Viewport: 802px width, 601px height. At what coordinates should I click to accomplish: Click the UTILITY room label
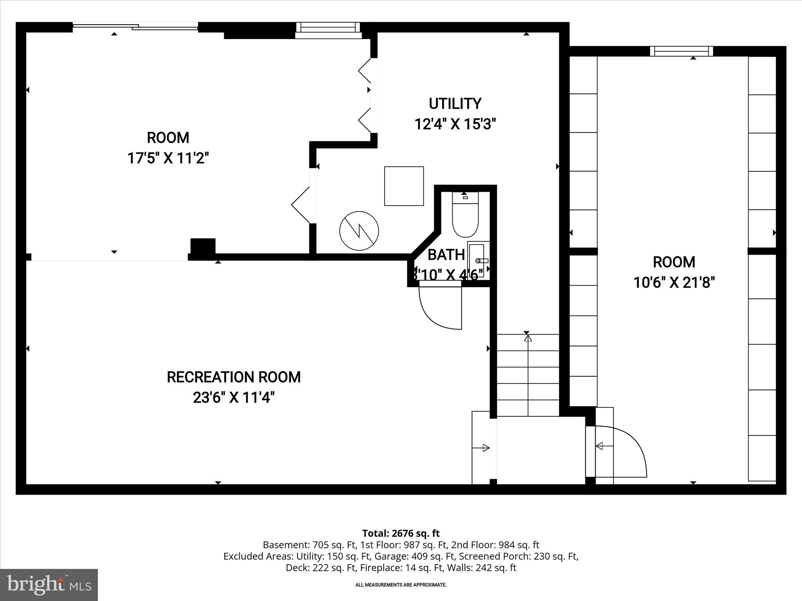[x=455, y=104]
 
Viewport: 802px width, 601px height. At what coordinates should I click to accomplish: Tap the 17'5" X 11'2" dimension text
[x=168, y=158]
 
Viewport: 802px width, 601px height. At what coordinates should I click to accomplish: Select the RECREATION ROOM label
[x=234, y=377]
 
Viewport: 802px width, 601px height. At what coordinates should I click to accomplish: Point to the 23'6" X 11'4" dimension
[x=234, y=398]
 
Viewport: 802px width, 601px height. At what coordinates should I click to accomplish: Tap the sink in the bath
[x=477, y=260]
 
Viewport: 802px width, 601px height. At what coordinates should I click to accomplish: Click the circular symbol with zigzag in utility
[x=359, y=231]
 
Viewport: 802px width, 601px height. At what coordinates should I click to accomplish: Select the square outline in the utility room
[x=404, y=186]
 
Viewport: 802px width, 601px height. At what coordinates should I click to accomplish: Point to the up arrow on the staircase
[x=528, y=338]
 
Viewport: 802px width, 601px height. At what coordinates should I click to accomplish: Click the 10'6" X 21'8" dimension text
[x=674, y=283]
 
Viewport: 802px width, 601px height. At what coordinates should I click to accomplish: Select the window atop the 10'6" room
[x=681, y=51]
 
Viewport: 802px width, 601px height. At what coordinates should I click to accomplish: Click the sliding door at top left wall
[x=135, y=27]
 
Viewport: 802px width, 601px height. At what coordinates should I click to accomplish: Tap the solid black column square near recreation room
[x=203, y=247]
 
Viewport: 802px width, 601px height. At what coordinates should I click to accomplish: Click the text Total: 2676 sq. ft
[x=401, y=533]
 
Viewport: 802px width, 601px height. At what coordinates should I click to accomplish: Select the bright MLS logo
[x=49, y=585]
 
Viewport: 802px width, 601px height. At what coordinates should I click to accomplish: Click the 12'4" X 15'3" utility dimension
[x=455, y=125]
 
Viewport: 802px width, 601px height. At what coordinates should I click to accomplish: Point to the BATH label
[x=446, y=255]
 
